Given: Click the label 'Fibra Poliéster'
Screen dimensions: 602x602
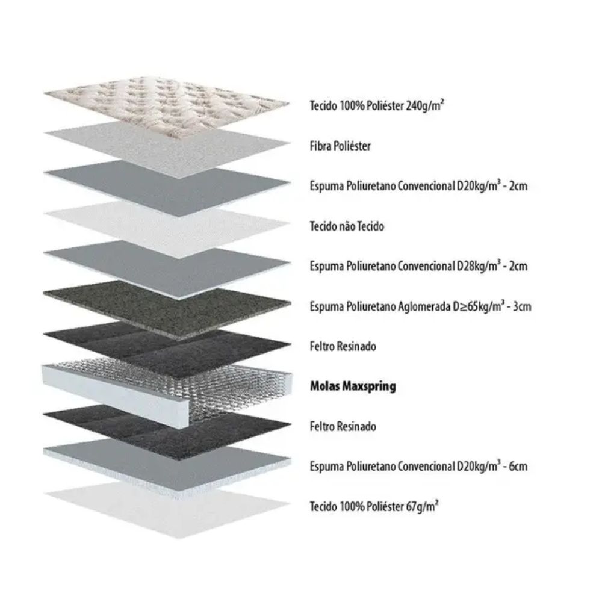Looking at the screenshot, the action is [340, 146].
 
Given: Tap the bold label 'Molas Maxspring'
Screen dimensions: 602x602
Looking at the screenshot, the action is [353, 386].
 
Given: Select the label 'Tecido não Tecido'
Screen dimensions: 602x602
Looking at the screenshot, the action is [347, 226].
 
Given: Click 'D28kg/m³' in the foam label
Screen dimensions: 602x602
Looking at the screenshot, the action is [479, 265].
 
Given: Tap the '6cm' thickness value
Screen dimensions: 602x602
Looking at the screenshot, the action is [518, 467].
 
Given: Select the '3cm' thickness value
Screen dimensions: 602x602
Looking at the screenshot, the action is [522, 306].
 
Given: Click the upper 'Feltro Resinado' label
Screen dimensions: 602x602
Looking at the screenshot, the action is [343, 346].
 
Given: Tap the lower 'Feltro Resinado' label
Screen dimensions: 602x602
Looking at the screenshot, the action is [343, 426].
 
